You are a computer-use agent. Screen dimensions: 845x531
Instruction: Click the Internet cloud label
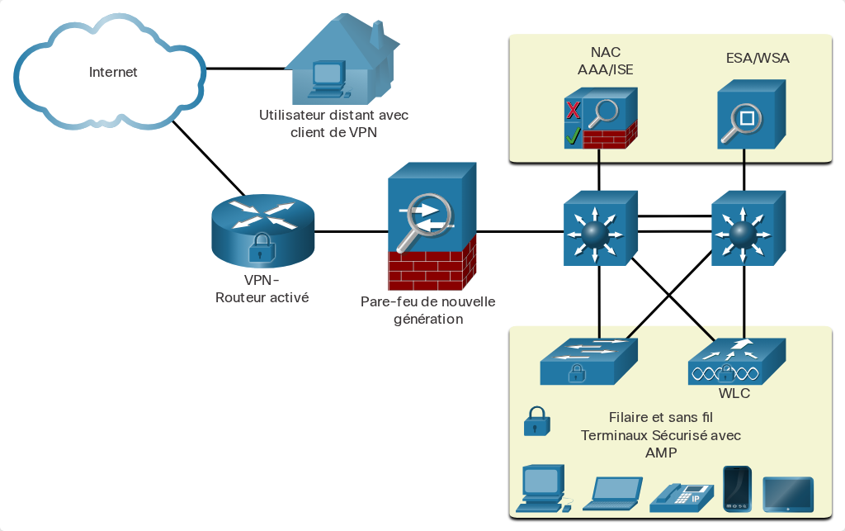[113, 72]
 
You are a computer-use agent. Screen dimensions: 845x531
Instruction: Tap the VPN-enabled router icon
[262, 231]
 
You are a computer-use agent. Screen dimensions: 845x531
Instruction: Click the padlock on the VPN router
[262, 248]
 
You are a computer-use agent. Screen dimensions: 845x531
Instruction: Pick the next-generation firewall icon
[432, 226]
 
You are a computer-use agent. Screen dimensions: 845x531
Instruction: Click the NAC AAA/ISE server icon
[601, 119]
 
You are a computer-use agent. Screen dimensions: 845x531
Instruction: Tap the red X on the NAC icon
[573, 110]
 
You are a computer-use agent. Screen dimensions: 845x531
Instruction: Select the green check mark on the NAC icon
[573, 135]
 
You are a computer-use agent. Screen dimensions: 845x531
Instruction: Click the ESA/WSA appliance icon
[751, 114]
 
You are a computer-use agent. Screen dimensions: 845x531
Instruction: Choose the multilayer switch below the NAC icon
[601, 228]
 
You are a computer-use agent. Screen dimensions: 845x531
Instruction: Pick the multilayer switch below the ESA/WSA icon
[748, 228]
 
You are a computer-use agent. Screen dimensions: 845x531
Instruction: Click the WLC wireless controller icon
[737, 361]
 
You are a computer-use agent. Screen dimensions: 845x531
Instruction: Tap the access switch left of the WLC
[588, 361]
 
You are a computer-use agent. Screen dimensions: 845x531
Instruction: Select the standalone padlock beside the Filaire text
[536, 421]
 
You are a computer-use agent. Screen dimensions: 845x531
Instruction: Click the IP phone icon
[682, 497]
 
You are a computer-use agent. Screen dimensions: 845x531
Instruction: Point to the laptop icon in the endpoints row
[613, 493]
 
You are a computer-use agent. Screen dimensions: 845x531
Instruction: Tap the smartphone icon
[737, 488]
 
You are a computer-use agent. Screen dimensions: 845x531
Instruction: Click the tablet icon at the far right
[788, 494]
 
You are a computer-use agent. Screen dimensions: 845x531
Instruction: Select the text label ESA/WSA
[758, 59]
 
